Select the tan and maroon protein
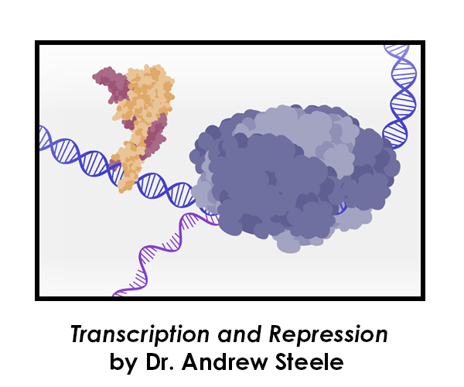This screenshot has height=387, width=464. (x=139, y=116)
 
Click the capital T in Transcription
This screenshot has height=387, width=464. (x=76, y=334)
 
